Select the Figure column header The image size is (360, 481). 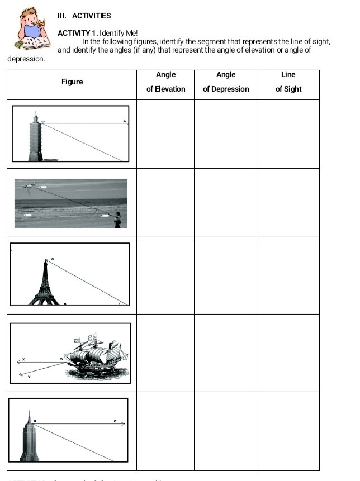pyautogui.click(x=72, y=82)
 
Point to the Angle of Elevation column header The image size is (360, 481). pyautogui.click(x=165, y=82)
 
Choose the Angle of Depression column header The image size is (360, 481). pyautogui.click(x=226, y=82)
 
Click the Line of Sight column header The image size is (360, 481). pyautogui.click(x=288, y=82)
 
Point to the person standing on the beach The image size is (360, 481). pyautogui.click(x=117, y=220)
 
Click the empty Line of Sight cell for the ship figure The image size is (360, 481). pyautogui.click(x=288, y=353)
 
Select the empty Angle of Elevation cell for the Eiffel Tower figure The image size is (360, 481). pyautogui.click(x=165, y=276)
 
